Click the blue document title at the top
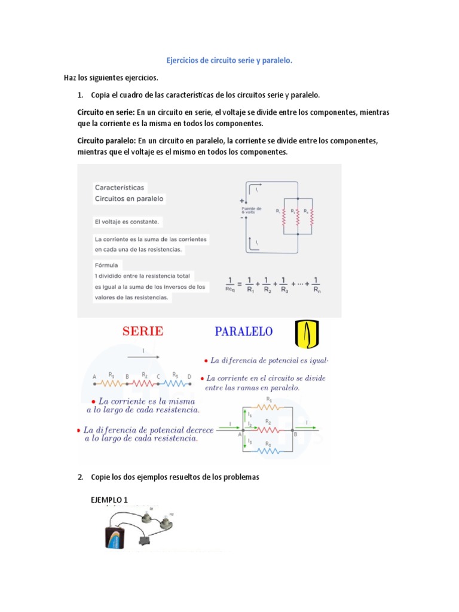tap(229, 61)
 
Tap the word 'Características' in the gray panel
tap(119, 187)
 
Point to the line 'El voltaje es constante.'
tap(127, 222)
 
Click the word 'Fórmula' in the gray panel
tap(107, 265)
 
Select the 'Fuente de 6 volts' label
tap(252, 210)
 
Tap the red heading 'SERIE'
tap(143, 331)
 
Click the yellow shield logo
tap(308, 333)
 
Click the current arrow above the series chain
tap(143, 357)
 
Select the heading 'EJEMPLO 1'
tap(109, 500)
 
